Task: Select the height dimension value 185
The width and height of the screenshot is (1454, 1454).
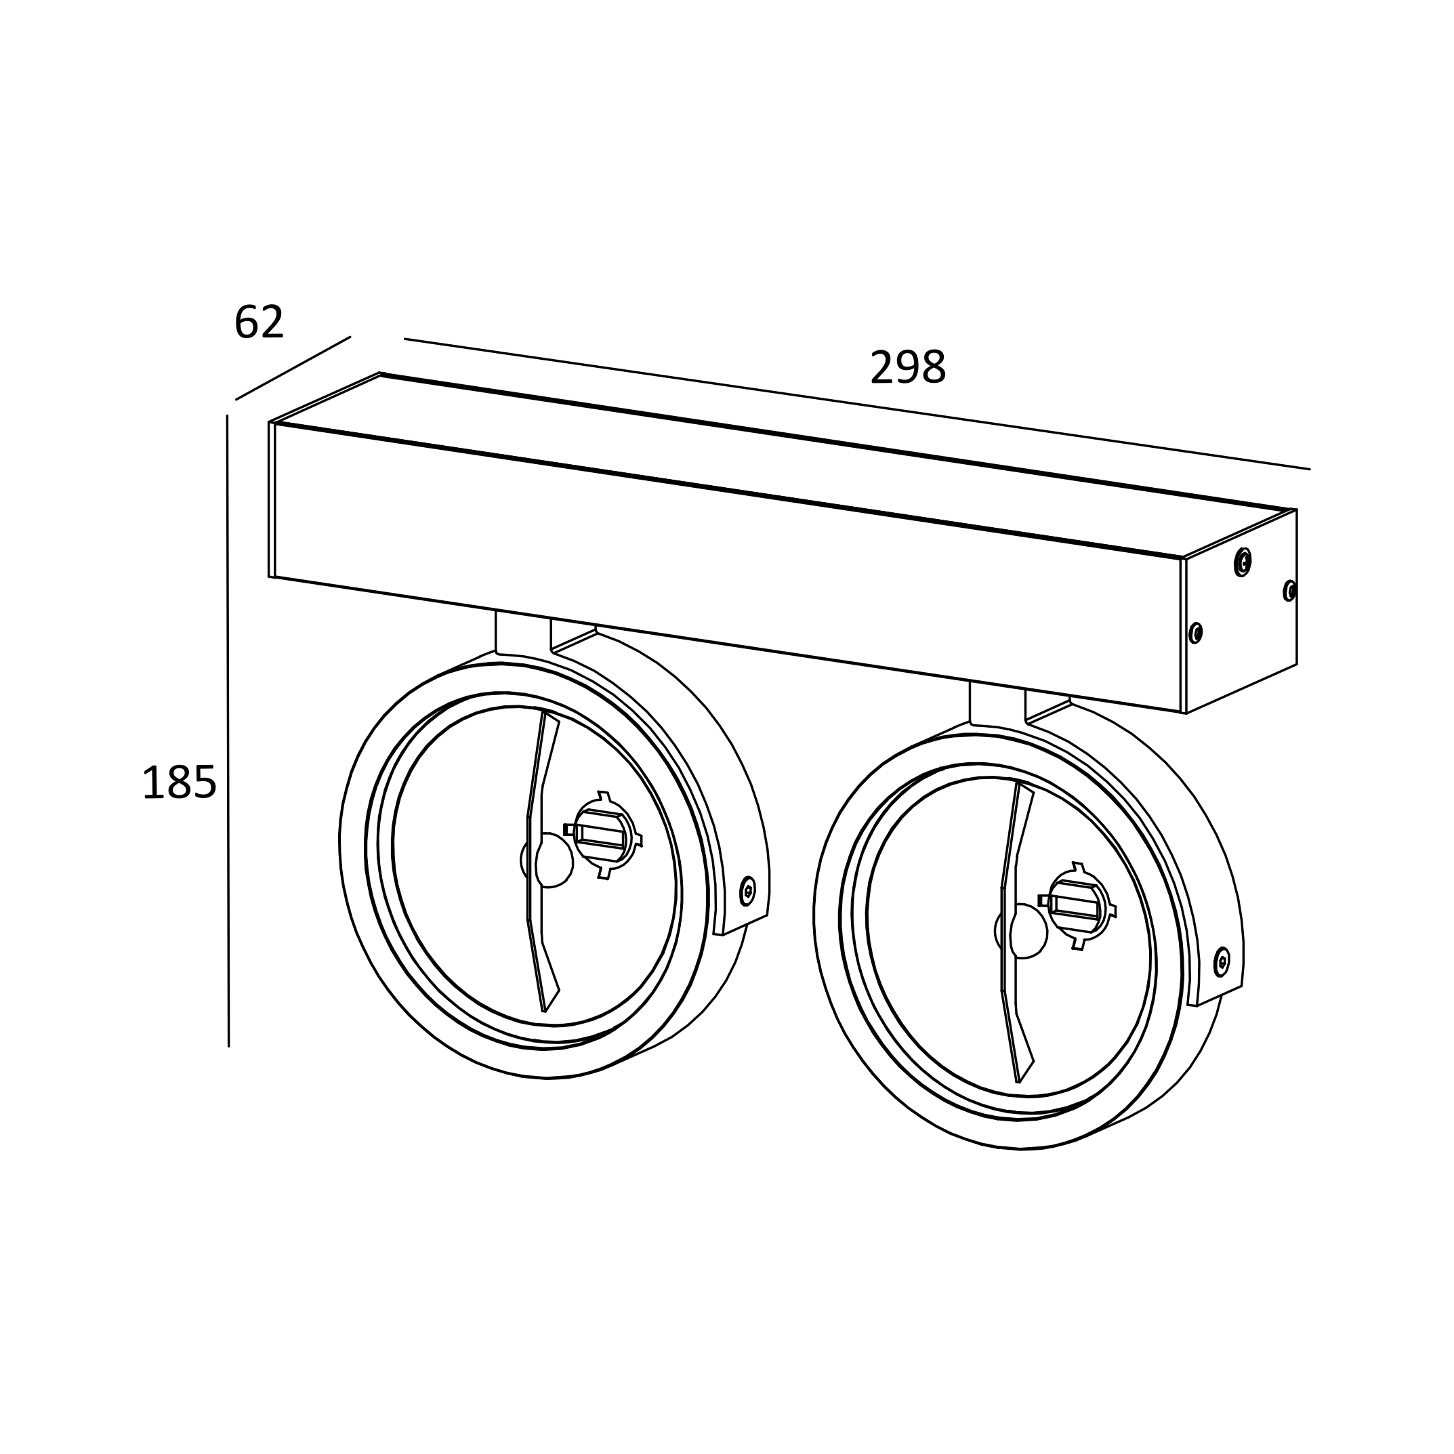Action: [x=179, y=783]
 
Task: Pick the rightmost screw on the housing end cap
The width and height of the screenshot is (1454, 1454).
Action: [x=1289, y=591]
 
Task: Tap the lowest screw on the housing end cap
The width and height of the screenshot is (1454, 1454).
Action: [x=1195, y=633]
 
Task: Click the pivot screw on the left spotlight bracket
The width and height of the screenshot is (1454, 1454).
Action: [x=747, y=890]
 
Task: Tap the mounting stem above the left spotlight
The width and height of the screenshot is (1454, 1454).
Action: [x=522, y=633]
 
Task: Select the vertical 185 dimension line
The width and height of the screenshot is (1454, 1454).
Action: [x=228, y=730]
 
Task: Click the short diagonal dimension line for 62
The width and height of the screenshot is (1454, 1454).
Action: [x=293, y=368]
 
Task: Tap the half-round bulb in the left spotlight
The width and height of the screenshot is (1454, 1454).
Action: [x=553, y=860]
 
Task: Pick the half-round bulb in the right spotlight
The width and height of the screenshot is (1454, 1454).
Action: [x=1028, y=931]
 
